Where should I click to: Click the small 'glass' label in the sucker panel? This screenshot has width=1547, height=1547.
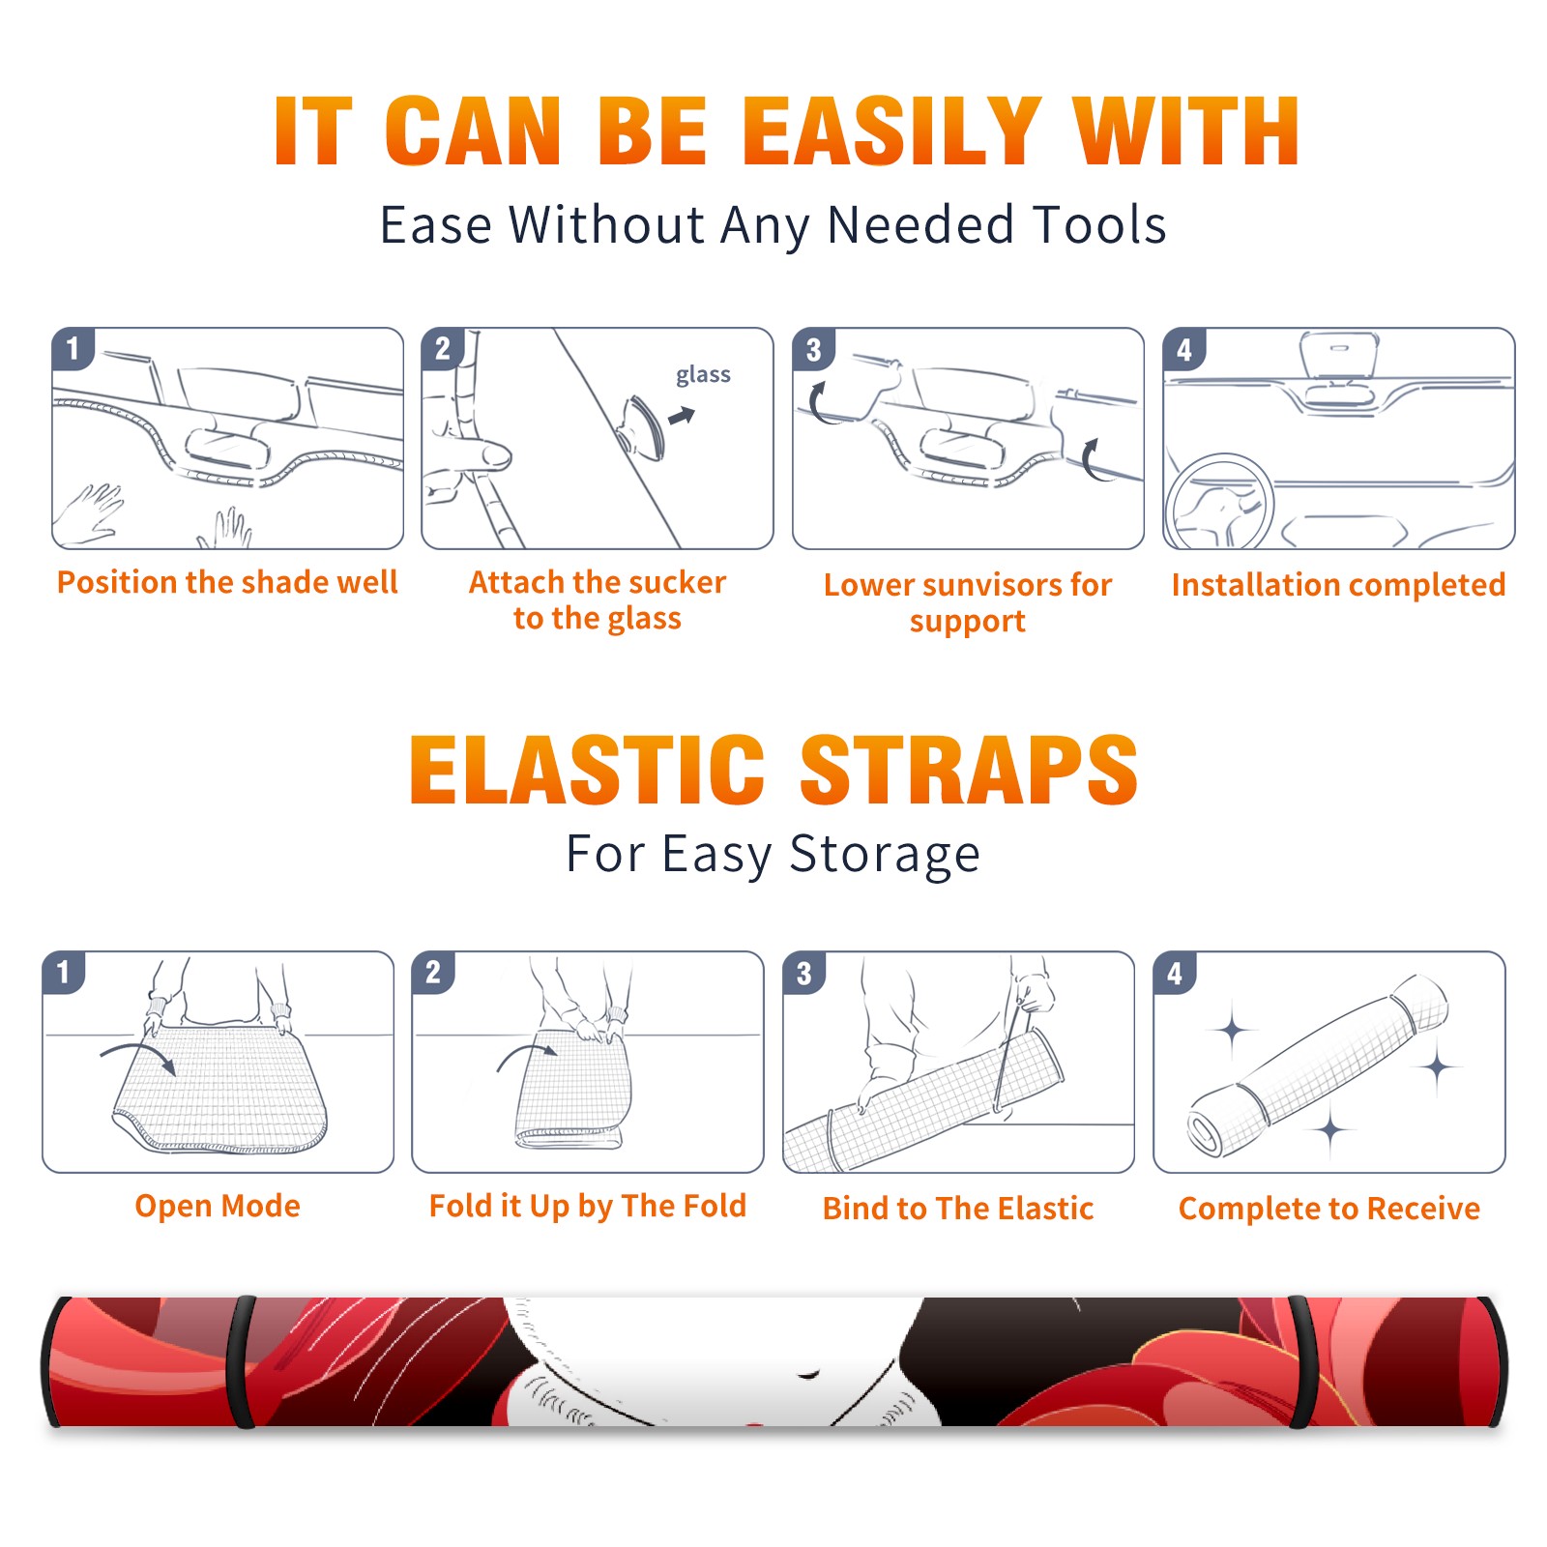pyautogui.click(x=703, y=375)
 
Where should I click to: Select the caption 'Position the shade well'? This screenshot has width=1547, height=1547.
pyautogui.click(x=227, y=582)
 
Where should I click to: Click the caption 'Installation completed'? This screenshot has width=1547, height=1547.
pyautogui.click(x=1338, y=585)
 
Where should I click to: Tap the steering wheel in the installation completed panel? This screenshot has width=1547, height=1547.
pyautogui.click(x=1218, y=502)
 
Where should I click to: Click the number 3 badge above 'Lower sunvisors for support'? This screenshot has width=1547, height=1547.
pyautogui.click(x=813, y=349)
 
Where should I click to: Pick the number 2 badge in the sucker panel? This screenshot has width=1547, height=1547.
pyautogui.click(x=443, y=348)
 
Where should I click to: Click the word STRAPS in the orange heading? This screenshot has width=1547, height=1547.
pyautogui.click(x=969, y=770)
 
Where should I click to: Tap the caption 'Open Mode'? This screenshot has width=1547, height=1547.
pyautogui.click(x=218, y=1206)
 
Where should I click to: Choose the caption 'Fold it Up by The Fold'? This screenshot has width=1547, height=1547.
pyautogui.click(x=588, y=1207)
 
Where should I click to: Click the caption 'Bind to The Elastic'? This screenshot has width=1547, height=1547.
pyautogui.click(x=958, y=1209)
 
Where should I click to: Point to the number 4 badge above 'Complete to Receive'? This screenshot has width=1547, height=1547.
pyautogui.click(x=1175, y=973)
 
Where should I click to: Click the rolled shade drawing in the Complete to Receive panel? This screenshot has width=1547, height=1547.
pyautogui.click(x=1318, y=1065)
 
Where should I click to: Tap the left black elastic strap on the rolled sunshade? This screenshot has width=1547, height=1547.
pyautogui.click(x=242, y=1361)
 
